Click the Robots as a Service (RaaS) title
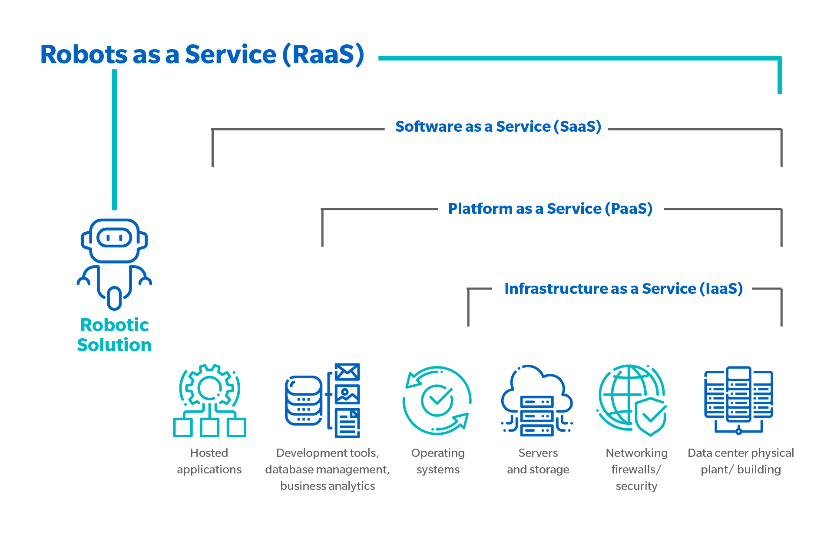[202, 55]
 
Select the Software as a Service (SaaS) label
[498, 127]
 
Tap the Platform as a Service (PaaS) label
[550, 209]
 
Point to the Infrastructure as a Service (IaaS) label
[624, 289]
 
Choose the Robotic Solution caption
[114, 335]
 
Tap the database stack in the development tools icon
[303, 400]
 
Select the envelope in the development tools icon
[347, 372]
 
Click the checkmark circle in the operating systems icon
[437, 400]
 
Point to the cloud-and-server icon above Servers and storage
[537, 400]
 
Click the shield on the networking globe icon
[650, 416]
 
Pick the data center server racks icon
[738, 400]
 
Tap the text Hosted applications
[209, 461]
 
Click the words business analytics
[328, 486]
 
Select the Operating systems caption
[438, 461]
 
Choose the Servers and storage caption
[538, 461]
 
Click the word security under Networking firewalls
[636, 486]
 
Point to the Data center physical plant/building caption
[741, 461]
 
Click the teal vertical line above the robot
[115, 140]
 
